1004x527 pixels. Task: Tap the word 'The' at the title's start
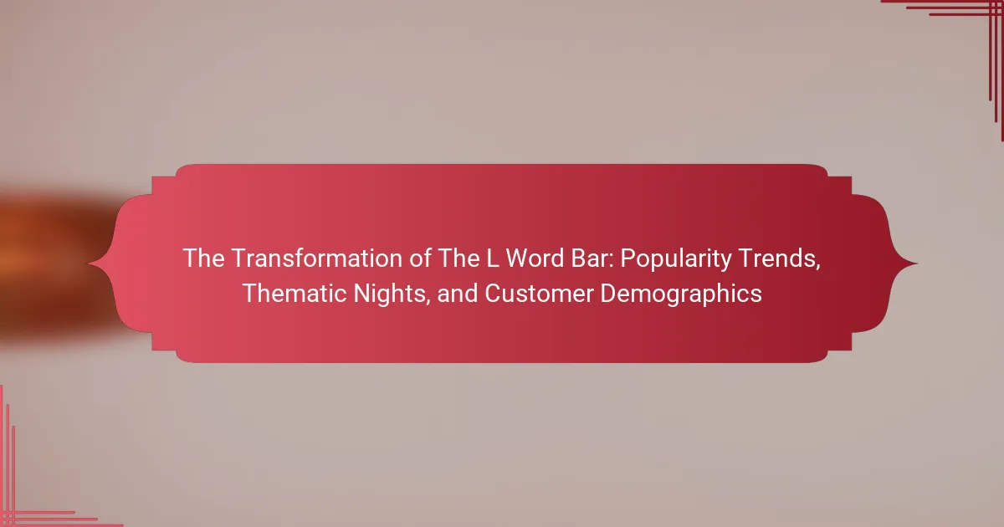click(203, 258)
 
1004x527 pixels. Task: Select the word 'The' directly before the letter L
click(458, 258)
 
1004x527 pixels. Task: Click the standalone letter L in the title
click(493, 258)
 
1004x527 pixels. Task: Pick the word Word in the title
click(535, 258)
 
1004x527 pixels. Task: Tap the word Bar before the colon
click(589, 258)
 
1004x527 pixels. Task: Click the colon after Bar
click(611, 262)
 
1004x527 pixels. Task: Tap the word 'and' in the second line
click(458, 294)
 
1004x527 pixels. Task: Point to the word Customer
click(539, 294)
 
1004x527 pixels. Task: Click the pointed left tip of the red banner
click(90, 263)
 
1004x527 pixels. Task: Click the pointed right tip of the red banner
click(917, 263)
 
